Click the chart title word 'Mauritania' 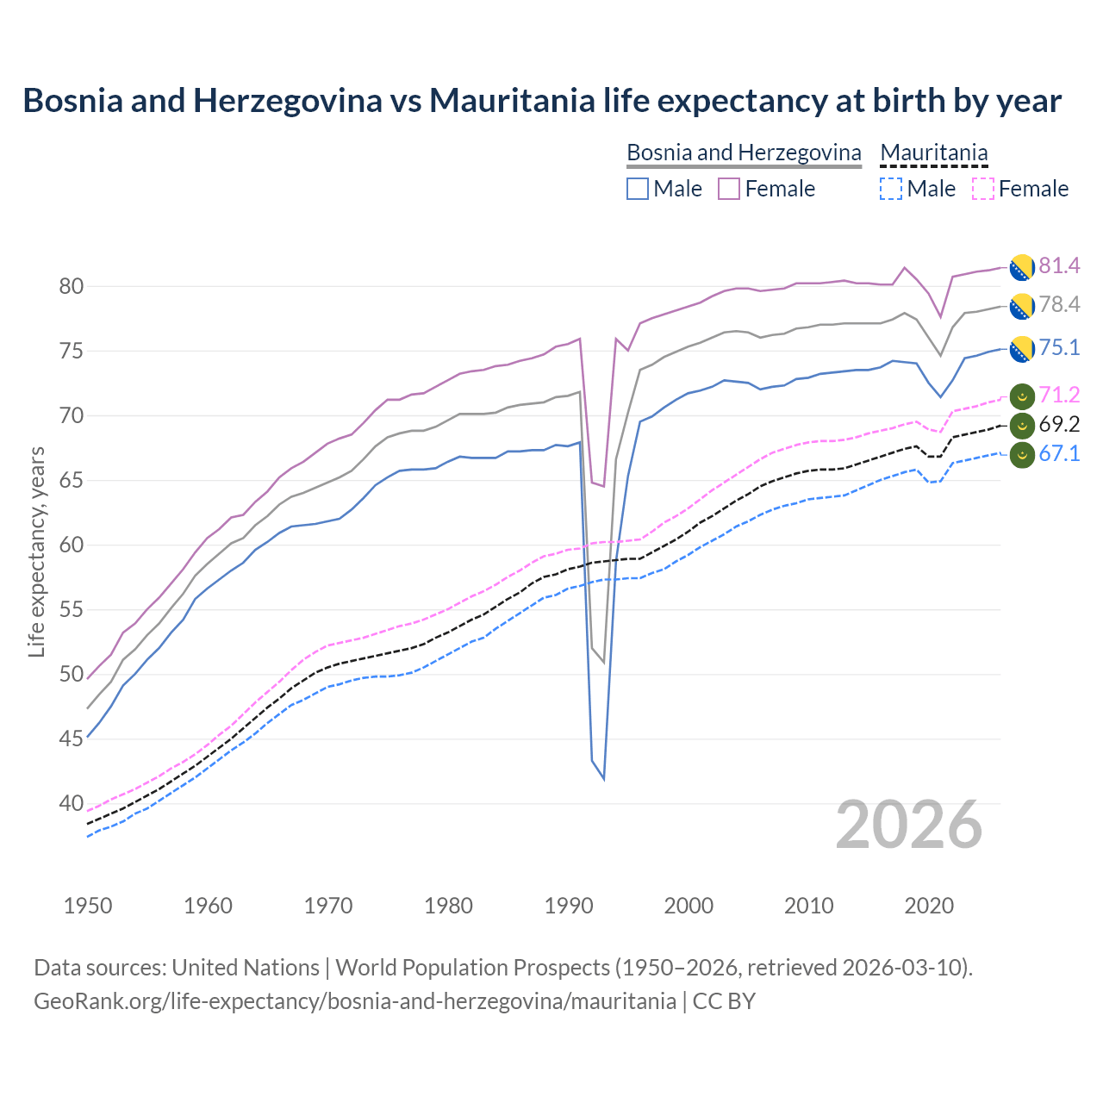click(512, 101)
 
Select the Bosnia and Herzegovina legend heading click(744, 153)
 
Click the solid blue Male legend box click(638, 189)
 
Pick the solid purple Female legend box click(729, 189)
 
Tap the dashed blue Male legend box click(891, 189)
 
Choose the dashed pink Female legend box click(982, 189)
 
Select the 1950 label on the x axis click(88, 906)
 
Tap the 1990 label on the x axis click(569, 906)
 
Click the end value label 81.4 click(1059, 266)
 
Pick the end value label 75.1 click(1059, 348)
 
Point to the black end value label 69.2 click(1059, 424)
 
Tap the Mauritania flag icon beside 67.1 click(1022, 454)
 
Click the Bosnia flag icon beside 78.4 click(1022, 306)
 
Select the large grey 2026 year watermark click(909, 825)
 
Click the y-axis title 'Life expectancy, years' click(37, 551)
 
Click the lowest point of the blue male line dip click(604, 779)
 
